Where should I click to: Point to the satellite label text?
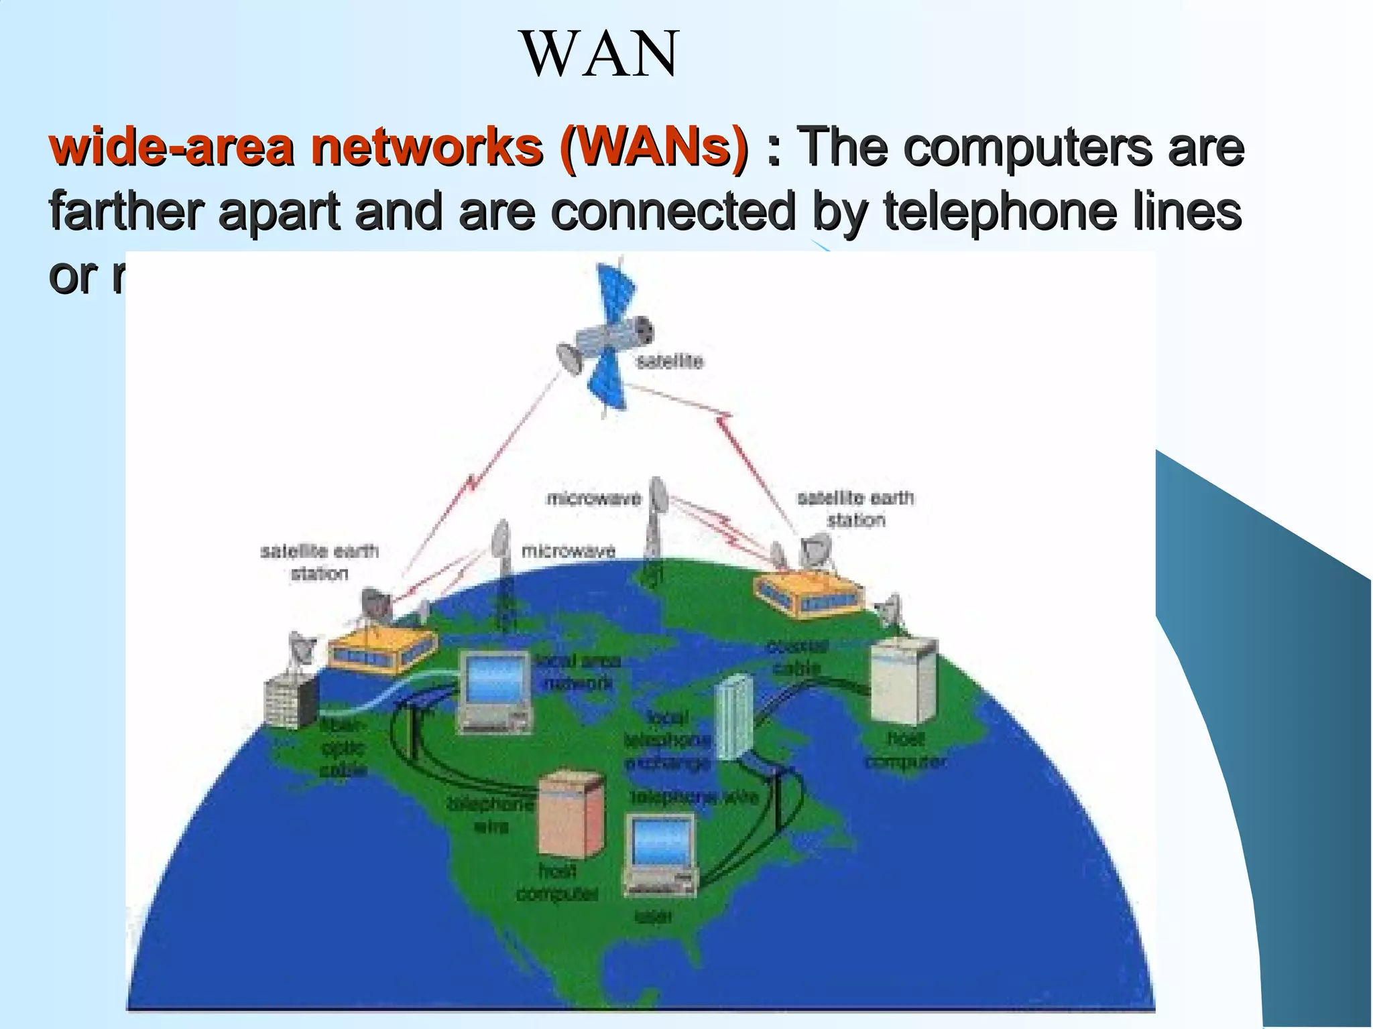669,362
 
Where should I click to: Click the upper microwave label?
594,499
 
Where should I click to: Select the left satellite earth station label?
320,562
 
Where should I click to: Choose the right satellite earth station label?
855,508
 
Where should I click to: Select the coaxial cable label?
798,657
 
